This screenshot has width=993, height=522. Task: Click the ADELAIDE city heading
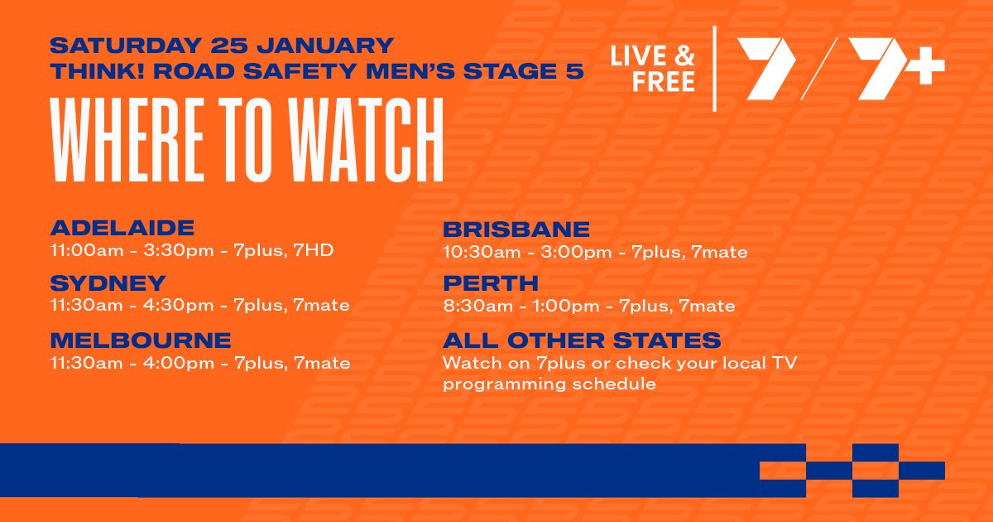point(122,228)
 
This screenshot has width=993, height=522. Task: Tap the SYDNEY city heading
point(108,283)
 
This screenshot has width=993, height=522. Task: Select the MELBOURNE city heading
point(141,341)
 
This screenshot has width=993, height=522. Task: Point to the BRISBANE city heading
point(516,230)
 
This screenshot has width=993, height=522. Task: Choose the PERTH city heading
point(491,284)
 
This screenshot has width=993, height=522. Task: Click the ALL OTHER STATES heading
point(582,341)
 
